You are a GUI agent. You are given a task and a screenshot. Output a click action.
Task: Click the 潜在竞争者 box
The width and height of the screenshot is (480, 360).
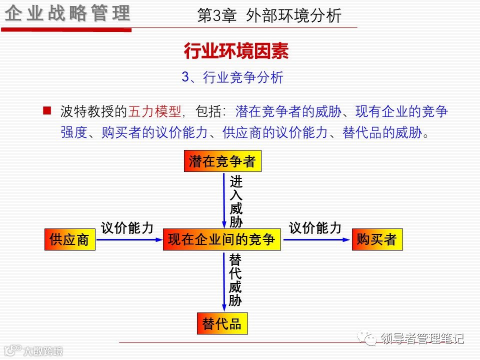(x=222, y=161)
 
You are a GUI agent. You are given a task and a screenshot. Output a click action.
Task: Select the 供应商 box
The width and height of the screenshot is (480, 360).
(x=69, y=239)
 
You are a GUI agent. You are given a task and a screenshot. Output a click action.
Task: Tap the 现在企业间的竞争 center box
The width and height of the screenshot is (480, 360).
(x=221, y=239)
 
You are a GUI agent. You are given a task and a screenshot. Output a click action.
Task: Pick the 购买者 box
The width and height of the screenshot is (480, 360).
(x=376, y=239)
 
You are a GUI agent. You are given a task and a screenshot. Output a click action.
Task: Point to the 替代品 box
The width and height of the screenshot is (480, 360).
(x=222, y=324)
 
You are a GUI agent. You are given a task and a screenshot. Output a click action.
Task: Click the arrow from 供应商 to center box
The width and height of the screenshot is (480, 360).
(x=129, y=239)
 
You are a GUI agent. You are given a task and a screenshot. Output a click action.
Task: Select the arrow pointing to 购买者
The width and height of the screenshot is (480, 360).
(x=316, y=239)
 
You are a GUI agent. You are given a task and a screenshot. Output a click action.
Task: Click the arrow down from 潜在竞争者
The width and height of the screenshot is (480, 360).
(x=224, y=200)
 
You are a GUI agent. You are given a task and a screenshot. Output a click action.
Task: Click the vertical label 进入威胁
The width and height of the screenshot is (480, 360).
(x=236, y=201)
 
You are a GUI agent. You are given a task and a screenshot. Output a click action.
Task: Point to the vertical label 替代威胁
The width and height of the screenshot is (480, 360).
(x=235, y=280)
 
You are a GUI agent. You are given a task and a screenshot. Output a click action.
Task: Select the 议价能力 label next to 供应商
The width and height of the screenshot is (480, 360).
(x=127, y=228)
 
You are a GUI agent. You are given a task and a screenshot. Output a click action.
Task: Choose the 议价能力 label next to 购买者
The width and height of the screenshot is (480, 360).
(x=315, y=228)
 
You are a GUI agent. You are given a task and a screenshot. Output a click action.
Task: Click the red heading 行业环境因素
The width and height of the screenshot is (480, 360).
(x=236, y=51)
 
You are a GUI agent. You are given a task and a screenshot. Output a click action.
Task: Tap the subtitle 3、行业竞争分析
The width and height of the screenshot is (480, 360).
(x=232, y=77)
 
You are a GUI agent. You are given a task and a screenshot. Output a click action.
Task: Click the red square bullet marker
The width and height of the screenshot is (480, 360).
(x=47, y=110)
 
